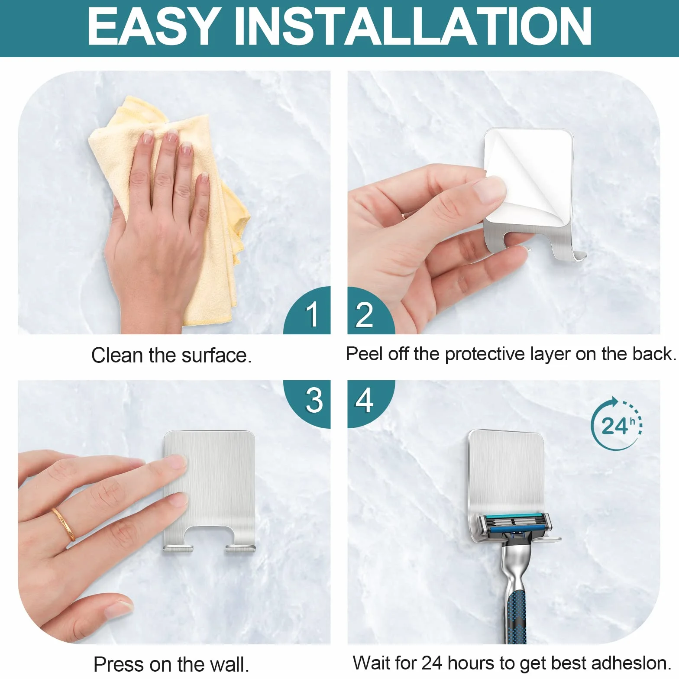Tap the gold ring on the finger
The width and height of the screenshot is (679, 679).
coord(64,524)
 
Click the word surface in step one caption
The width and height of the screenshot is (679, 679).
coord(216,356)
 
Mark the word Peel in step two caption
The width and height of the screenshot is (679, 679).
coord(365,354)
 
